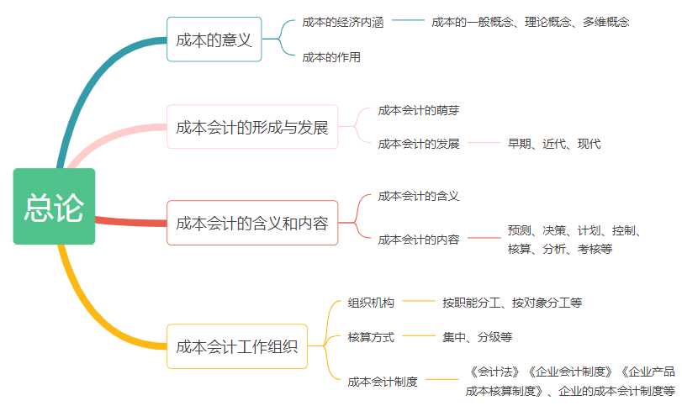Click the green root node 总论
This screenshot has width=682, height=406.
pyautogui.click(x=54, y=207)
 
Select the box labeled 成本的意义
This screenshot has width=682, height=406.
pyautogui.click(x=214, y=40)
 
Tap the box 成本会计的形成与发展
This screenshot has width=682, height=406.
pyautogui.click(x=251, y=127)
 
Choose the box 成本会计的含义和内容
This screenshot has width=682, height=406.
pyautogui.click(x=251, y=223)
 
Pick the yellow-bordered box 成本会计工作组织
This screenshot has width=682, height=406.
pyautogui.click(x=236, y=346)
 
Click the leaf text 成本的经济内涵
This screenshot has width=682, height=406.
pyautogui.click(x=342, y=23)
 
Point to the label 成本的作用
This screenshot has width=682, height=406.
pyautogui.click(x=331, y=57)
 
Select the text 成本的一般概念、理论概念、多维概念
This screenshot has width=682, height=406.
pyautogui.click(x=530, y=23)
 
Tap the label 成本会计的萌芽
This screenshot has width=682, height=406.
pyautogui.click(x=418, y=110)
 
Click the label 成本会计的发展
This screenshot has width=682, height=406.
pyautogui.click(x=418, y=144)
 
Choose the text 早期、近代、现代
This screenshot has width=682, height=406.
pyautogui.click(x=553, y=144)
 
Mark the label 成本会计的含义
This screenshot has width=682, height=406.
pyautogui.click(x=418, y=196)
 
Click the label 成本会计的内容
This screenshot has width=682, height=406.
pyautogui.click(x=418, y=240)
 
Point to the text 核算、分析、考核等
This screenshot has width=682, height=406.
pyautogui.click(x=559, y=249)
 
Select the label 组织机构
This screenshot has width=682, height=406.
pyautogui.click(x=371, y=303)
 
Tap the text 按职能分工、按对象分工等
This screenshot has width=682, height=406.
pyautogui.click(x=512, y=303)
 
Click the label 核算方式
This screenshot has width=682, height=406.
pyautogui.click(x=371, y=337)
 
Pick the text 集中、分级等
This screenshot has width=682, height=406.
pyautogui.click(x=477, y=337)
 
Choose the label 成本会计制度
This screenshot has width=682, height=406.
pyautogui.click(x=383, y=381)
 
